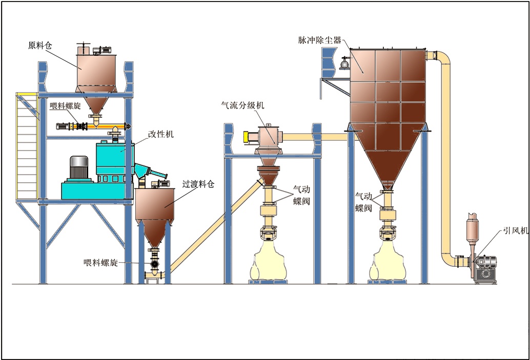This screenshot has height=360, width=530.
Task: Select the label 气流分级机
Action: (242, 105)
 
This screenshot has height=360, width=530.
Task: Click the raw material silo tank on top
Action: (100, 69)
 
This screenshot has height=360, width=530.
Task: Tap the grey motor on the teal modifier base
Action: (79, 167)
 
